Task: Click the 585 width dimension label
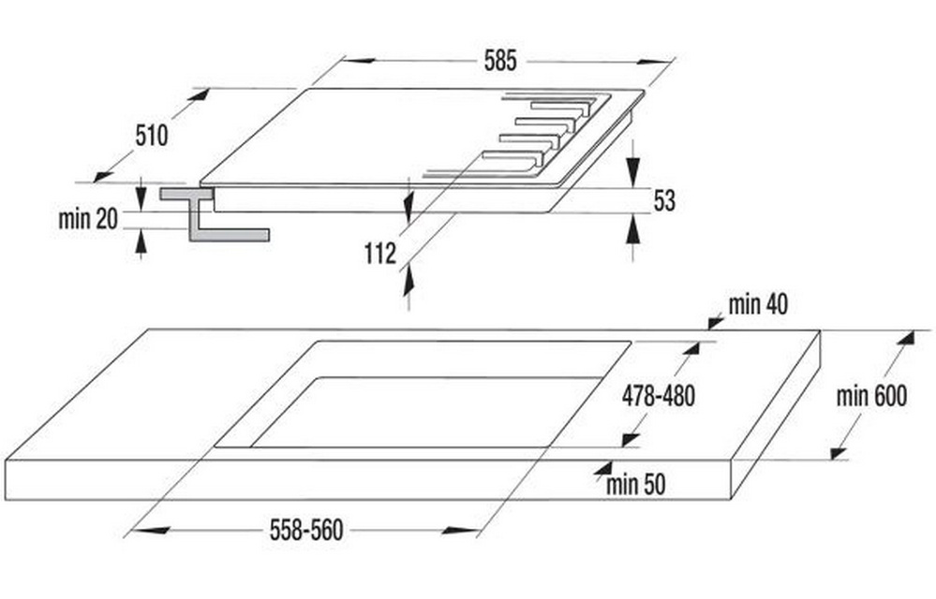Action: [499, 61]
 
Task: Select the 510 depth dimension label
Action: [152, 136]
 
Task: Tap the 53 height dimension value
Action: [664, 201]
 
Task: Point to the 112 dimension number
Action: [380, 254]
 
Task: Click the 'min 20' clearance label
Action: [88, 219]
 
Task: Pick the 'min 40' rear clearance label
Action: [758, 305]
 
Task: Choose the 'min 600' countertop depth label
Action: [871, 396]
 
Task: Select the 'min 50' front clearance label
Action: [636, 485]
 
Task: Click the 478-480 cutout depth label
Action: [659, 396]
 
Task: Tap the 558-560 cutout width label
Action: [306, 530]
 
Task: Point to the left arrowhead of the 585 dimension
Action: [360, 60]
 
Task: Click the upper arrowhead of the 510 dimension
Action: [200, 95]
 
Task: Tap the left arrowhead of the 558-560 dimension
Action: [152, 530]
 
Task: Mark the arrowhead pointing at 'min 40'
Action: [715, 323]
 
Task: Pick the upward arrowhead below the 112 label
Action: [409, 280]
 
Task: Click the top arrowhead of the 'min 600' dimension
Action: [906, 338]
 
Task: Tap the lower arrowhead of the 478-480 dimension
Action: [630, 439]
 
